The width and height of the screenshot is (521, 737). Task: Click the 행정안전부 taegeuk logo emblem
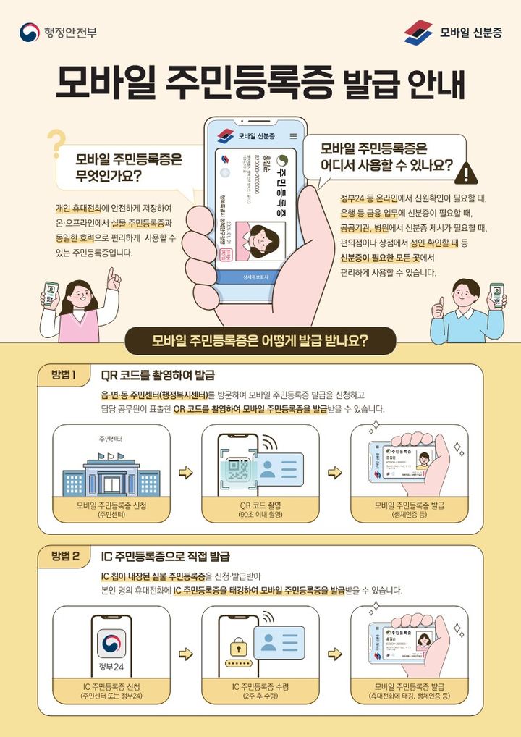point(30,32)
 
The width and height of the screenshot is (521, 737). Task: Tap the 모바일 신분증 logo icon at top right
point(418,32)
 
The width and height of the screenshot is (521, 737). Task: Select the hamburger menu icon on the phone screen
point(293,136)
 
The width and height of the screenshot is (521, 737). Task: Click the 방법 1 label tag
point(64,375)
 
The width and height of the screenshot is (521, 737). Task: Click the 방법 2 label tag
point(64,556)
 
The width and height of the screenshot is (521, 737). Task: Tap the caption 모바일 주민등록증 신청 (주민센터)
point(111,509)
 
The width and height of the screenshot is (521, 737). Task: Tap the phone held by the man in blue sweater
point(496,295)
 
